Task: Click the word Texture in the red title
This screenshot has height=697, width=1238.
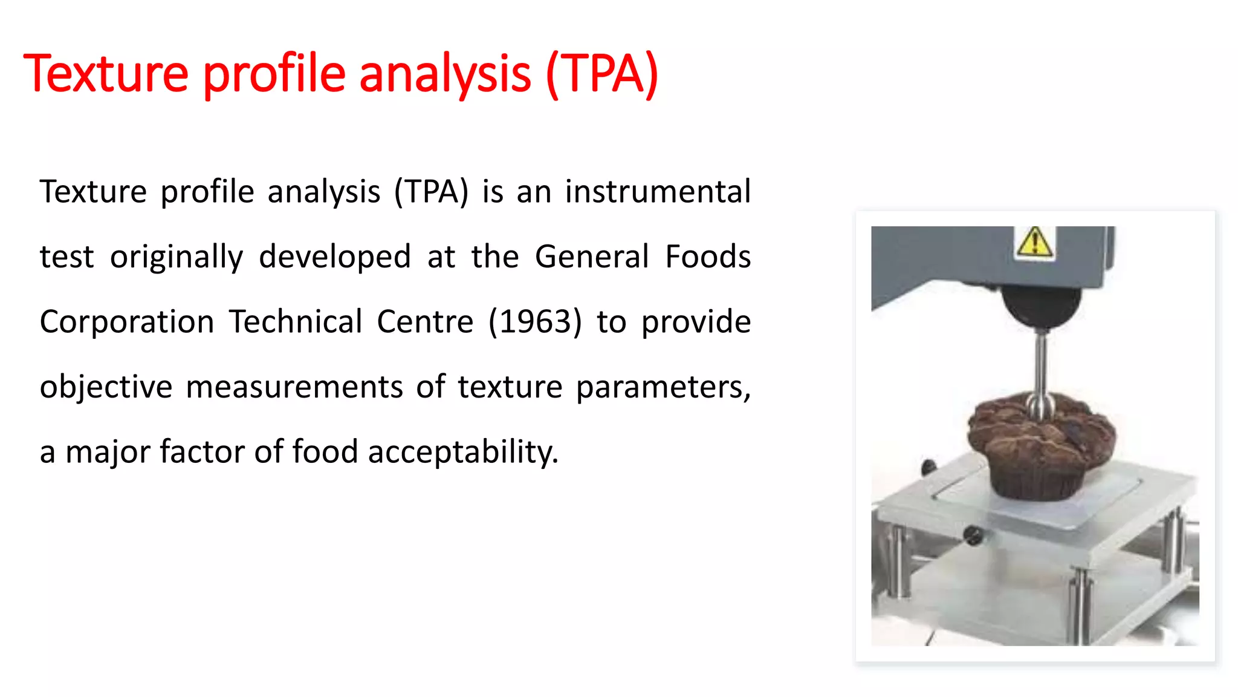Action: (x=106, y=74)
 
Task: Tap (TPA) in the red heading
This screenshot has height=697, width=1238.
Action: (x=601, y=74)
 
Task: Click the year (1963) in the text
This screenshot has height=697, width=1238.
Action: (x=535, y=322)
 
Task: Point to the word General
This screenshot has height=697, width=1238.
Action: (x=592, y=257)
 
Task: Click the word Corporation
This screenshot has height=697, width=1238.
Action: (x=127, y=322)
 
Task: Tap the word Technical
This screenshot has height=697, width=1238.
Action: (x=296, y=322)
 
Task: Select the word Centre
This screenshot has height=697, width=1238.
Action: (x=425, y=322)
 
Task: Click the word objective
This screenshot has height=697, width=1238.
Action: (x=106, y=387)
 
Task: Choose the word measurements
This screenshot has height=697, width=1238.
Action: (x=294, y=387)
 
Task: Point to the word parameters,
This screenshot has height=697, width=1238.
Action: (x=663, y=387)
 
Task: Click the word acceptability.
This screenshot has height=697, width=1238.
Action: (x=463, y=452)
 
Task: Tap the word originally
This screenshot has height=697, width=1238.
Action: (x=177, y=257)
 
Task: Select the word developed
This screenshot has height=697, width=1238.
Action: (x=335, y=257)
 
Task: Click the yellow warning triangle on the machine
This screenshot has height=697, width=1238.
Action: (x=1035, y=243)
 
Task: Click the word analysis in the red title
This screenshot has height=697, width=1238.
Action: (x=445, y=74)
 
